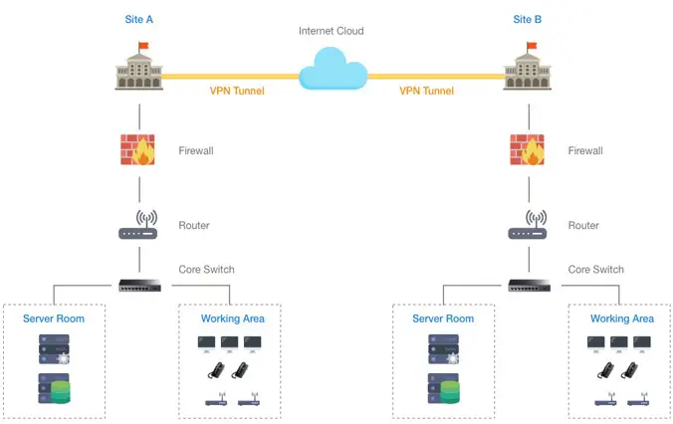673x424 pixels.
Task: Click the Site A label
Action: point(138,19)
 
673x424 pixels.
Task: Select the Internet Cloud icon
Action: point(334,69)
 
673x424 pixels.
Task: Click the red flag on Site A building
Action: point(143,46)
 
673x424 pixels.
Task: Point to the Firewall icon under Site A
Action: point(137,149)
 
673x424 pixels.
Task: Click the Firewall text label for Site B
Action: point(585,150)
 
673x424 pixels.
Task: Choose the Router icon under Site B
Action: point(528,225)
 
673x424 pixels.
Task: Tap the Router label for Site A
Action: point(194,225)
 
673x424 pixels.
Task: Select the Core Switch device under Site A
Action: point(140,286)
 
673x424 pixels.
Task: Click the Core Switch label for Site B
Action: point(595,270)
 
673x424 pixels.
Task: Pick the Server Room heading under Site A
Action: point(54,318)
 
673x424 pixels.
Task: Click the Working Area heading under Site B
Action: point(622,318)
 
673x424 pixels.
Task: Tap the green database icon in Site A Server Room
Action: point(61,392)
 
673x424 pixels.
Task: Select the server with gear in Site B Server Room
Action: point(444,349)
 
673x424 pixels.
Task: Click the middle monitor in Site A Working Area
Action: point(229,344)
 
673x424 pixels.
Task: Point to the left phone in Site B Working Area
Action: point(605,370)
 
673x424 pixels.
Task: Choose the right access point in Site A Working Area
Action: point(249,399)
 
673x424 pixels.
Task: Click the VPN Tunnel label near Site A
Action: point(237,91)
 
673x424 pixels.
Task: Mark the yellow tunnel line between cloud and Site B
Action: point(436,77)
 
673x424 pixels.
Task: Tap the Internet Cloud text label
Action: point(331,31)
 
